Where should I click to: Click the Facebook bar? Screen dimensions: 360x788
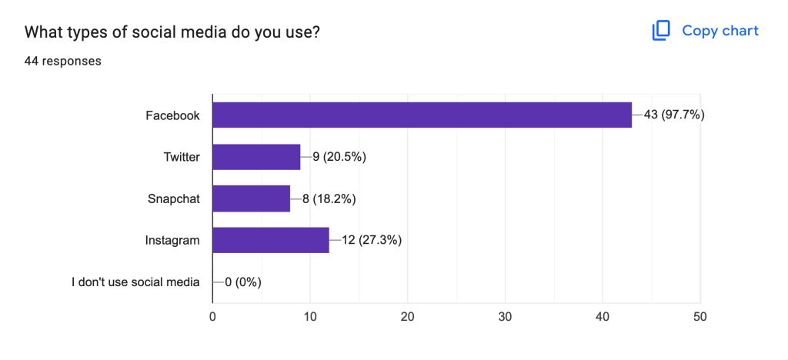(422, 115)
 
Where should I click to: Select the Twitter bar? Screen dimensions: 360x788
(256, 157)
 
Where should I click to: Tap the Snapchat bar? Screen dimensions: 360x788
(251, 198)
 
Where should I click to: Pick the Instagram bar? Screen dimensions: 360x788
(271, 240)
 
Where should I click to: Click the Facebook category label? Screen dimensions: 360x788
(173, 115)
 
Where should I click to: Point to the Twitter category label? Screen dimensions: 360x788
(182, 157)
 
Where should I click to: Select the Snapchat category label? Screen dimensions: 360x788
(174, 198)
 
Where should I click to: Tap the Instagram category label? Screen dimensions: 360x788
(172, 240)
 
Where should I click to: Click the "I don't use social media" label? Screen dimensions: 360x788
(135, 282)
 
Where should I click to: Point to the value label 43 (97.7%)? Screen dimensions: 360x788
(674, 115)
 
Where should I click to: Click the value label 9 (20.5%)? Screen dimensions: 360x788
(339, 157)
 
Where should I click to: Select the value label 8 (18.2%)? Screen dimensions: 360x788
(329, 198)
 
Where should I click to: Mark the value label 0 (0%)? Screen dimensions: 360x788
(242, 282)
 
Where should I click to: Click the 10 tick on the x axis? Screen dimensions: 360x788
(310, 315)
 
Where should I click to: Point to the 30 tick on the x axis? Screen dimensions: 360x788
(505, 315)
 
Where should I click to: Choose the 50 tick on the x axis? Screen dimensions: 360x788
(700, 315)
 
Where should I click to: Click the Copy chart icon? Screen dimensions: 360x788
(661, 31)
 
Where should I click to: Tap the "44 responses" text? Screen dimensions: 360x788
(63, 61)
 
